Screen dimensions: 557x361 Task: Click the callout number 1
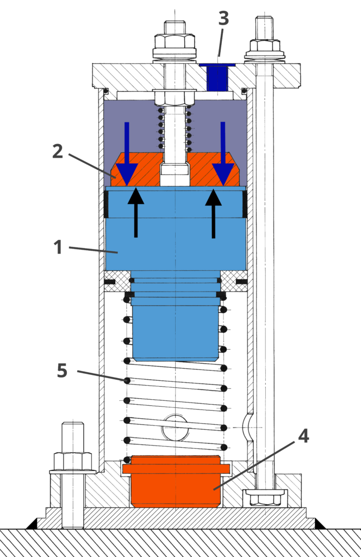[59, 247]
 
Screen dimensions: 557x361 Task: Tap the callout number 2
[58, 151]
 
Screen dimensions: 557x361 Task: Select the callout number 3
[223, 19]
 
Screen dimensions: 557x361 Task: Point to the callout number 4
[303, 436]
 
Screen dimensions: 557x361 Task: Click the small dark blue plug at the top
[217, 77]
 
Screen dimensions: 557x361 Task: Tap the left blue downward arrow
[127, 152]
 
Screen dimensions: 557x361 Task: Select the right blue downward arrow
[223, 152]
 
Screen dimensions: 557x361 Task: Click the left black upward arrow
[136, 212]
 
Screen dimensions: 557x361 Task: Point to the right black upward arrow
[213, 212]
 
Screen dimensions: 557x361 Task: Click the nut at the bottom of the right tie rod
[265, 497]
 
